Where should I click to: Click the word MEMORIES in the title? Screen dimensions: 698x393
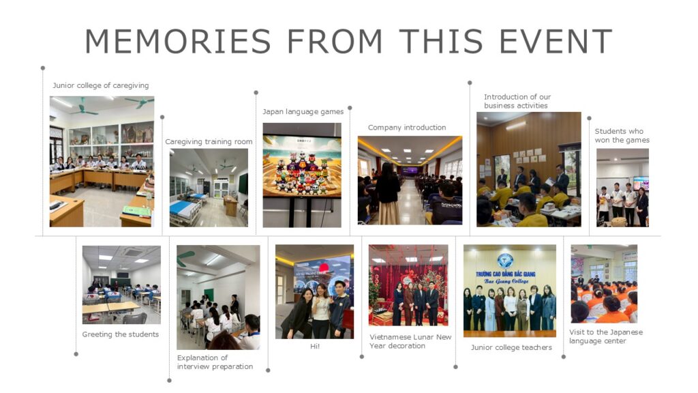click(178, 41)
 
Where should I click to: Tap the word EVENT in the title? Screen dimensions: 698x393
click(556, 41)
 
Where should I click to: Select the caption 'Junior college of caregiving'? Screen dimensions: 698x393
click(101, 85)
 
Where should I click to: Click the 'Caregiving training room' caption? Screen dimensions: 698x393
click(209, 142)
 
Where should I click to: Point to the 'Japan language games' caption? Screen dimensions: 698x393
click(303, 112)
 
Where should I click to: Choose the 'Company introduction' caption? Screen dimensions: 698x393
click(407, 128)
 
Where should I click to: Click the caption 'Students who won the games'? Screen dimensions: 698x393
click(622, 136)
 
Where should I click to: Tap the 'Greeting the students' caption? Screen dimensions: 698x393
click(120, 334)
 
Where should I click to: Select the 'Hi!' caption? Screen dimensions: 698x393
click(315, 346)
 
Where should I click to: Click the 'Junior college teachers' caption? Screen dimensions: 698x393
click(511, 347)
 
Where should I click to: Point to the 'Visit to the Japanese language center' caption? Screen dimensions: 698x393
click(606, 336)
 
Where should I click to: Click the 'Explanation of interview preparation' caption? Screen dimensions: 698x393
click(215, 362)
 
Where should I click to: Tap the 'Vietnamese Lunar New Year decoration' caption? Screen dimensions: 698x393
click(410, 341)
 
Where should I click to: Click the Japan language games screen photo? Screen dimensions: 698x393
click(302, 175)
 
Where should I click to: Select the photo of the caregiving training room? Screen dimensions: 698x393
click(209, 188)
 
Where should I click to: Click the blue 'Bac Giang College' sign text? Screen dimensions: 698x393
click(506, 277)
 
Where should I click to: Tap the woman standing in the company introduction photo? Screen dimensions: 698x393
click(388, 194)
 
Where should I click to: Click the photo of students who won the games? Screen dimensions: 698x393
click(622, 188)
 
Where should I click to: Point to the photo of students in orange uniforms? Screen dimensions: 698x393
click(604, 284)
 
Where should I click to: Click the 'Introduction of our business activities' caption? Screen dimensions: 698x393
click(517, 101)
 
